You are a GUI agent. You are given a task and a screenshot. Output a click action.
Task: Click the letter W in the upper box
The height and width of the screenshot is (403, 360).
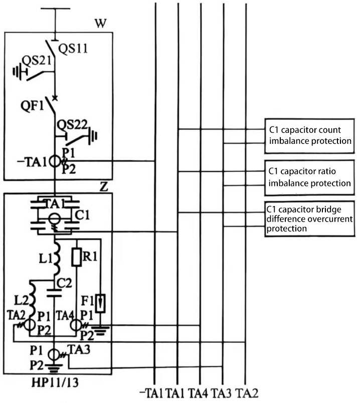coord(100,24)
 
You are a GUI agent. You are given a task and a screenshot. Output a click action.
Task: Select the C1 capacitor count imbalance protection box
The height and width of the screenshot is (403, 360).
coord(309,135)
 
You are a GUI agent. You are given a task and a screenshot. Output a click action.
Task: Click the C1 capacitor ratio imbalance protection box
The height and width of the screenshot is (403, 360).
coord(309,177)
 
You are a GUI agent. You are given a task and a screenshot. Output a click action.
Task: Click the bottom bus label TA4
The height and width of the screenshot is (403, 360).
coord(200,392)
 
